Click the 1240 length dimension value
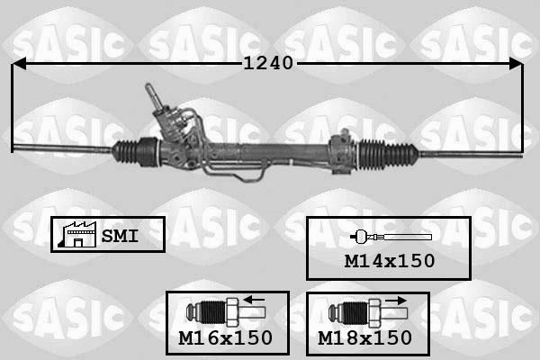(x=267, y=64)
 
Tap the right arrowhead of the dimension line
(x=515, y=64)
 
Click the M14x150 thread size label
(x=390, y=261)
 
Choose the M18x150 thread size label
(x=365, y=337)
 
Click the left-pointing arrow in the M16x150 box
(x=255, y=301)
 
